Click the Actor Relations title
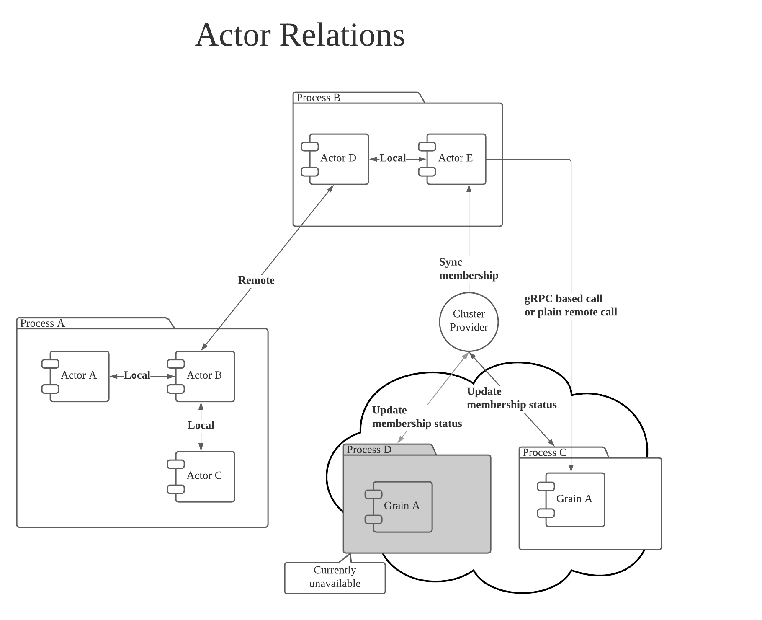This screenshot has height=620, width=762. [300, 35]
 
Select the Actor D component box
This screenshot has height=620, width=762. [338, 159]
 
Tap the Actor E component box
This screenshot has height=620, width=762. [456, 159]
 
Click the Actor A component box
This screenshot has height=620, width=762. [79, 376]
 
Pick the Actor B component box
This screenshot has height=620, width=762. [204, 376]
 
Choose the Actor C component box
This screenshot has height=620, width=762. [204, 476]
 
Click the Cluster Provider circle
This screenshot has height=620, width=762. [469, 321]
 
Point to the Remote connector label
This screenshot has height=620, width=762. [256, 280]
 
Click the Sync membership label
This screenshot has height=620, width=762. [468, 269]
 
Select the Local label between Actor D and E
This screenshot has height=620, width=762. [393, 158]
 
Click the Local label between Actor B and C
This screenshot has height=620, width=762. [201, 426]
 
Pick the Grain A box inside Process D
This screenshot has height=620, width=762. [402, 506]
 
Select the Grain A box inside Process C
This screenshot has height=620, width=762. [574, 499]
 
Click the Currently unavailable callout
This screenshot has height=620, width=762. [335, 577]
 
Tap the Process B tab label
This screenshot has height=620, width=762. [318, 98]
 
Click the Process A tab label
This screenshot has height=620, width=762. [42, 323]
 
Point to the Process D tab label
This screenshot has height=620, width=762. [369, 450]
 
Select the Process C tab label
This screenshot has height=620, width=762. [544, 453]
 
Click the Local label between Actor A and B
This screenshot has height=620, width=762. [137, 375]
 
